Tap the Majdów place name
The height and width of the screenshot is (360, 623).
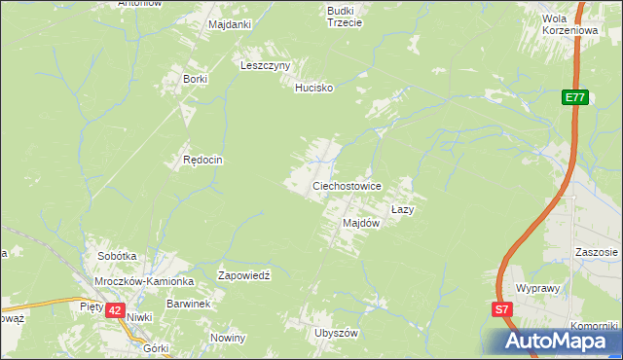(x=360, y=223)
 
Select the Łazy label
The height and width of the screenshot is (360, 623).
(x=404, y=209)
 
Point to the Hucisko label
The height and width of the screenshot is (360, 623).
(x=314, y=88)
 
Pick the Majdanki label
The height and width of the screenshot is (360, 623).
(x=230, y=23)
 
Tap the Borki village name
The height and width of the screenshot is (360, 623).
(x=189, y=79)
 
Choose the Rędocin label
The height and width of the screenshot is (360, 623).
(x=204, y=160)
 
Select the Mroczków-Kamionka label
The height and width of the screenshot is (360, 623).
(x=145, y=281)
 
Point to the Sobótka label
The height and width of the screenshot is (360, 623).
(x=117, y=256)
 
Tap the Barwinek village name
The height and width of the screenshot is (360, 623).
(x=188, y=304)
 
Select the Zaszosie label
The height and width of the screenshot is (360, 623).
(x=594, y=251)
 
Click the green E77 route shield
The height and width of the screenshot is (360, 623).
(x=574, y=97)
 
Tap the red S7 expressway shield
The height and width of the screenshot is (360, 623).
(x=500, y=310)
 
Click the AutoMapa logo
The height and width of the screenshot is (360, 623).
(x=551, y=341)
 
